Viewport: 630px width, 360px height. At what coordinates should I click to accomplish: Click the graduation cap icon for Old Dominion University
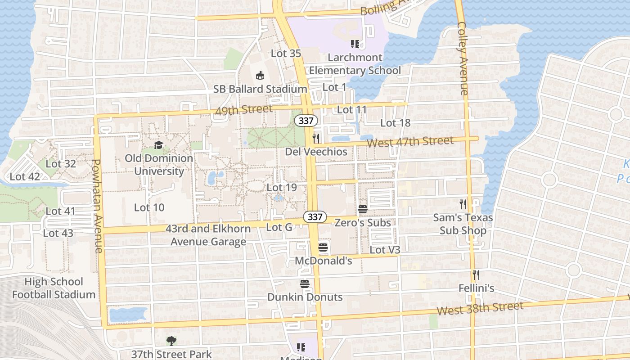tap(158, 145)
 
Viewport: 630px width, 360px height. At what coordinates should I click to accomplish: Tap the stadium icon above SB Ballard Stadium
tap(260, 76)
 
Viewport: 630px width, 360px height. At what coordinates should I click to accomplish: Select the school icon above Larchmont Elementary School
tap(355, 44)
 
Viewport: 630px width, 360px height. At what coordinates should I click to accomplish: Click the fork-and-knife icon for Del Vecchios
tap(316, 138)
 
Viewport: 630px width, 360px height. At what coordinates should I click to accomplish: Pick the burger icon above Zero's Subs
tap(363, 209)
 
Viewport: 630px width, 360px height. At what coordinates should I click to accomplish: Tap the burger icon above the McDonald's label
tap(323, 247)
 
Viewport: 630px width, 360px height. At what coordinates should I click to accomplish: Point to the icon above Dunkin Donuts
tap(305, 284)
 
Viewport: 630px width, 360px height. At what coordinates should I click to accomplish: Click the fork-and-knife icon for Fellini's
tap(476, 274)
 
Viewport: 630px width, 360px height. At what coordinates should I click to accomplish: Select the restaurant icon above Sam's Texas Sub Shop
tap(463, 204)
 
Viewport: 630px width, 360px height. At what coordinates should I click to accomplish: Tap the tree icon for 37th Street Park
tap(171, 341)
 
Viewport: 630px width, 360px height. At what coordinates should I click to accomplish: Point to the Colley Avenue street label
tap(463, 58)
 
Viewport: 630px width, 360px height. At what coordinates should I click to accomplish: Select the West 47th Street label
tap(410, 142)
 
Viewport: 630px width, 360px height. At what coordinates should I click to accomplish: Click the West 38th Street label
tap(480, 309)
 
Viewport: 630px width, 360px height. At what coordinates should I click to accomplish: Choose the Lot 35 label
tap(286, 54)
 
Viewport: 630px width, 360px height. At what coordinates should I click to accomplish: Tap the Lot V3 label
tap(385, 250)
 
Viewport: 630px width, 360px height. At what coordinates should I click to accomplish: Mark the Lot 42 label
tap(25, 177)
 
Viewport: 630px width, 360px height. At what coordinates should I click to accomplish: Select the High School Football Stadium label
tap(54, 288)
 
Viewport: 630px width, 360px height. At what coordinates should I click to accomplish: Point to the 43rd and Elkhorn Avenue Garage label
tap(208, 235)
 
